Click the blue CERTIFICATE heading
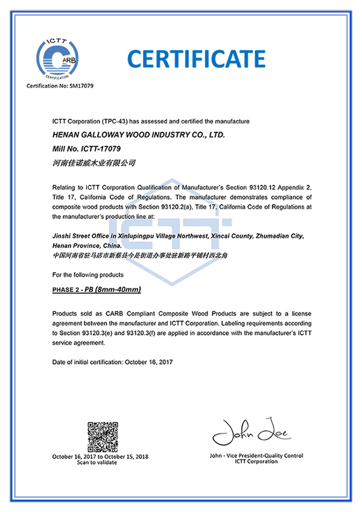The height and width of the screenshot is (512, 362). [x=196, y=58]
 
